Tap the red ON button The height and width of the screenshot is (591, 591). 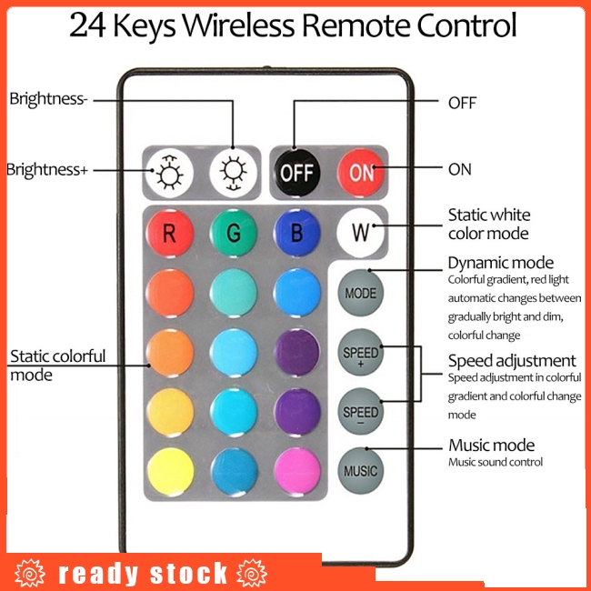(x=361, y=171)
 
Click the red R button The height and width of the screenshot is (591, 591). (x=170, y=233)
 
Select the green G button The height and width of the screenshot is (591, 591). (x=234, y=233)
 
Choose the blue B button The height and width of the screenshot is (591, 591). (x=296, y=233)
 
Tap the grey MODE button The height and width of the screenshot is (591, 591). (x=361, y=294)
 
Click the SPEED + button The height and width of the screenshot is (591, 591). (x=361, y=353)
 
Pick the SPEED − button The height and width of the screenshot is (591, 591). (x=361, y=412)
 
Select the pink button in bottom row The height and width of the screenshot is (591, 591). (x=296, y=472)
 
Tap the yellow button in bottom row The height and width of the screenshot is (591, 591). (x=170, y=472)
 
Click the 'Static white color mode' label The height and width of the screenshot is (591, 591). (x=488, y=224)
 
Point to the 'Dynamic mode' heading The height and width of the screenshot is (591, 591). (x=500, y=263)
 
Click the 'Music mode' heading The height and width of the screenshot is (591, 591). (x=491, y=445)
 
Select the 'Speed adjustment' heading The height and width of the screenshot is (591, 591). (x=512, y=360)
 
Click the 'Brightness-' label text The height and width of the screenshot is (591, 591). (x=48, y=99)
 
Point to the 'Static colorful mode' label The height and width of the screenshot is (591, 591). (x=57, y=365)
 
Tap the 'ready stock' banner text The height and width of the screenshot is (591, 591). (x=143, y=574)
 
